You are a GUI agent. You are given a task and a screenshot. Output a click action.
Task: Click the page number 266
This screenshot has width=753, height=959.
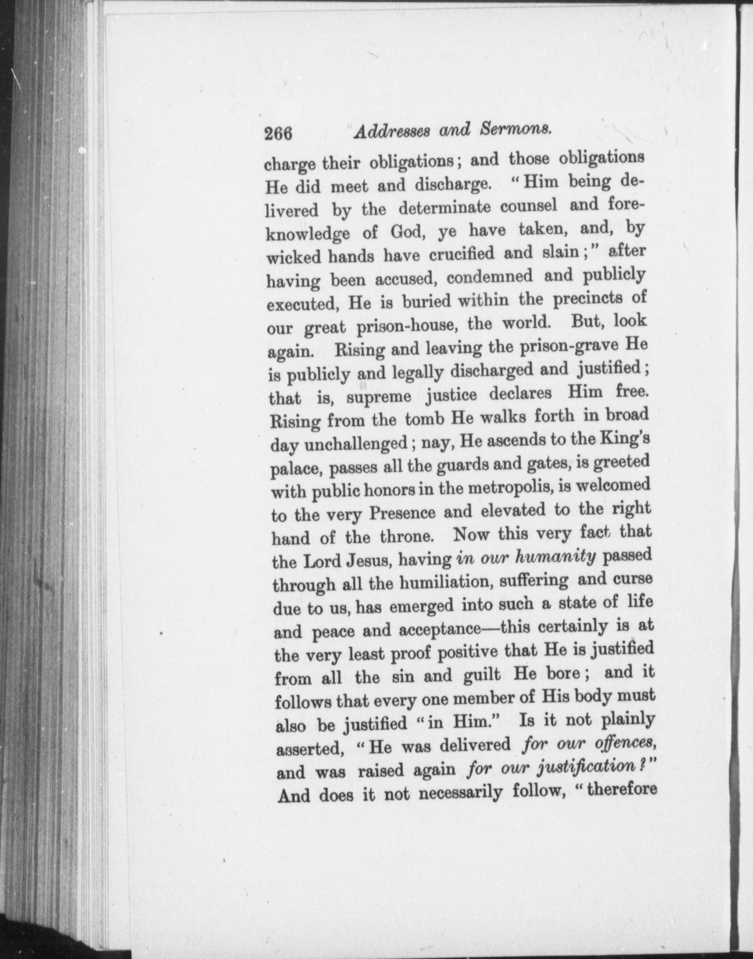278,134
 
